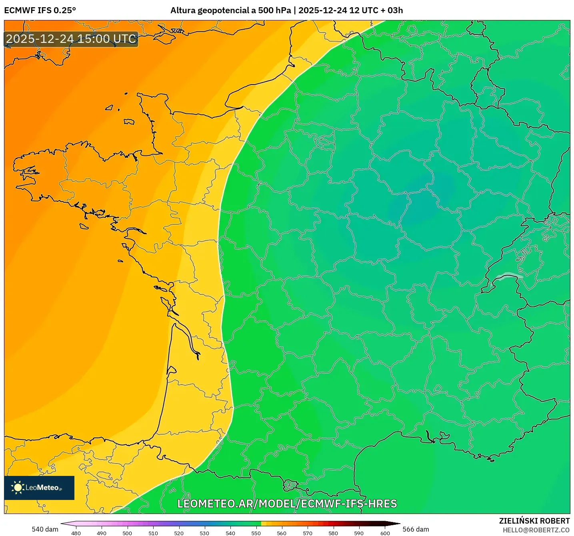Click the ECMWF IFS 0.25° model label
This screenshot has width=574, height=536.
point(40,10)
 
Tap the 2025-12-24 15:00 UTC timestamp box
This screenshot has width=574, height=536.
point(71,39)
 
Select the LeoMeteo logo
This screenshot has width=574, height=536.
point(39,488)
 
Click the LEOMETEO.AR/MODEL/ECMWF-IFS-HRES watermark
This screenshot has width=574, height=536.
point(287,504)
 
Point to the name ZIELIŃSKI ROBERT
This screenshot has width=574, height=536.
point(534,521)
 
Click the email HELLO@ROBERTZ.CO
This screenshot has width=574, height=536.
point(536,530)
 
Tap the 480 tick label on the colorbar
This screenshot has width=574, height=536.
point(76,533)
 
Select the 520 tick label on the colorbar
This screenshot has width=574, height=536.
point(179,533)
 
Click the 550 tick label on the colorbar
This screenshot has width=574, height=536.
point(256,533)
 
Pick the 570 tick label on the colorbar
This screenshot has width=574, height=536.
point(308,533)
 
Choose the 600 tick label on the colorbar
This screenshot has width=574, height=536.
point(385,533)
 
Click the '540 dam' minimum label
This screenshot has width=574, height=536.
point(45,529)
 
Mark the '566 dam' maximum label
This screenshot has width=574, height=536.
point(416,529)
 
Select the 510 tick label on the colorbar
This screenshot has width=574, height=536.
point(153,533)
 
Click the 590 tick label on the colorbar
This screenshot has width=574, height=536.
point(359,533)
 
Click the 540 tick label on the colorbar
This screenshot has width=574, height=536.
point(230,533)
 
